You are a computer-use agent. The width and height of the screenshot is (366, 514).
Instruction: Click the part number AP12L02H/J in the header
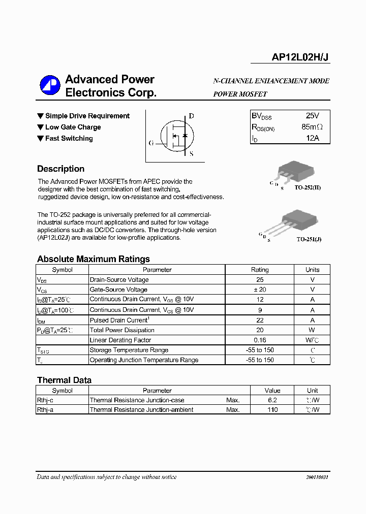point(300,58)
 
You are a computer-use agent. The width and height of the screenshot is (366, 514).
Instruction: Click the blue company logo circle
point(50,86)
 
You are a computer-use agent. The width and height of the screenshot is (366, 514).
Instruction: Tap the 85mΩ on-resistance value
point(312,127)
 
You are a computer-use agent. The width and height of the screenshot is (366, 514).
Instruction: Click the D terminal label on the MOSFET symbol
point(191,116)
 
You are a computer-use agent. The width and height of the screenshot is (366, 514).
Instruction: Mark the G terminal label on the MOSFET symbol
point(151,143)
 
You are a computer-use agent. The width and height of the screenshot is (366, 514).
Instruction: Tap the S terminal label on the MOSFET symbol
point(191,154)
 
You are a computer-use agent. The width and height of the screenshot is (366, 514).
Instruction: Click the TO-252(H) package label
point(308,187)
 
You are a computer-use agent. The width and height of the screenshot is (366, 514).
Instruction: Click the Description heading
point(60,169)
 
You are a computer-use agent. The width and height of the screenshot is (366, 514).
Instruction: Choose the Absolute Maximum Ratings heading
point(94,259)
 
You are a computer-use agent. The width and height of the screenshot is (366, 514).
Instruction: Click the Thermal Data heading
point(64,380)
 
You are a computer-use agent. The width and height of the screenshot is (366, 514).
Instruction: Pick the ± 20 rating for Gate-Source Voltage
point(260,290)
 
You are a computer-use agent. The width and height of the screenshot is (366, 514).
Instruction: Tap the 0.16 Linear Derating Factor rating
point(260,340)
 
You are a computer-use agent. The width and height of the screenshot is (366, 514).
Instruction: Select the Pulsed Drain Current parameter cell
point(119,320)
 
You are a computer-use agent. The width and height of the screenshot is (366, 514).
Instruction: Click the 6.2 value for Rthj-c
point(272,400)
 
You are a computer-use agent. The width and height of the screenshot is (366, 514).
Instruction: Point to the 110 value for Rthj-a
point(272,410)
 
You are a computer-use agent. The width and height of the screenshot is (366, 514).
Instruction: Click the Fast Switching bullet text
point(69,138)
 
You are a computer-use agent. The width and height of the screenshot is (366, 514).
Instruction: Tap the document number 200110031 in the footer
point(317,477)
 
